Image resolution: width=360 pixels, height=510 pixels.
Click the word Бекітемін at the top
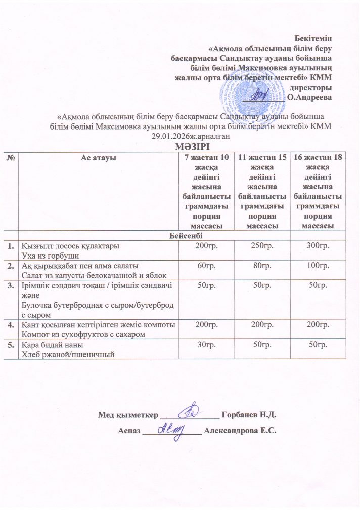coord(317,37)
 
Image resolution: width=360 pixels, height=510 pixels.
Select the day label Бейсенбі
coord(179,235)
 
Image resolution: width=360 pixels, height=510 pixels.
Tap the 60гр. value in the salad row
coord(208,265)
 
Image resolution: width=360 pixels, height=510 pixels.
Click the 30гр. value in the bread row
coord(208,344)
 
